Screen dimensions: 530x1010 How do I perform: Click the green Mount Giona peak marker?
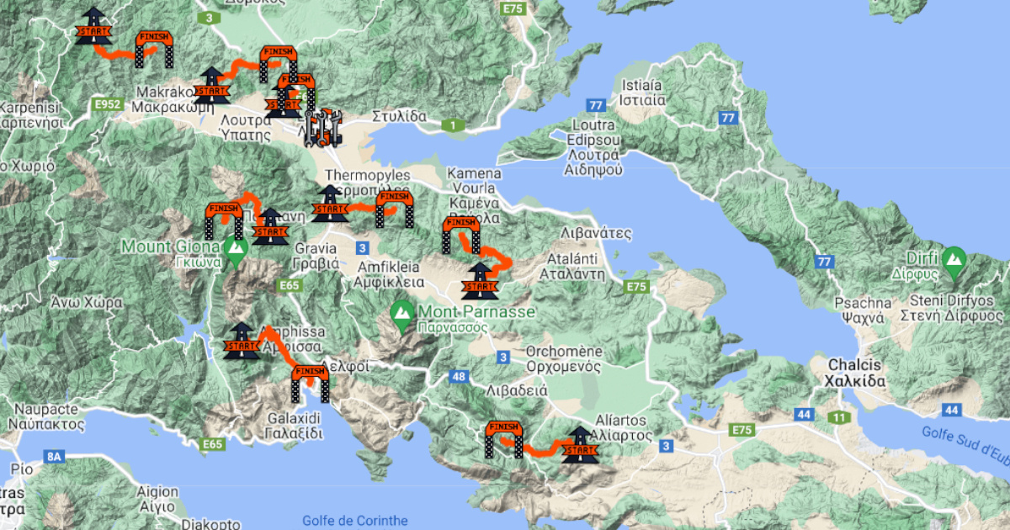pos(236,248)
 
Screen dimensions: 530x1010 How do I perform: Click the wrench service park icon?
pos(322,126)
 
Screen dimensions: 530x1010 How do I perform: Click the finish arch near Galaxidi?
pos(309,383)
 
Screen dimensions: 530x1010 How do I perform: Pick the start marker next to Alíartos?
pos(579,445)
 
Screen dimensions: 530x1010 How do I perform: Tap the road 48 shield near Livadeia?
pos(459,376)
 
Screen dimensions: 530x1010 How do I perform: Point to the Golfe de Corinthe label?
pos(353,521)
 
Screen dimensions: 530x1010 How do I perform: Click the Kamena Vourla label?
pos(476,181)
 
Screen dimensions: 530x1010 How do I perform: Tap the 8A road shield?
pos(55,457)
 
